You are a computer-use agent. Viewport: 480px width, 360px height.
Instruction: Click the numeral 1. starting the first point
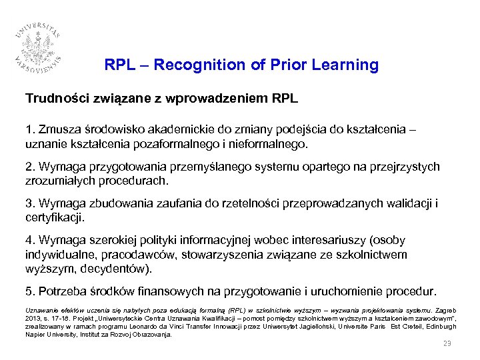(30, 130)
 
